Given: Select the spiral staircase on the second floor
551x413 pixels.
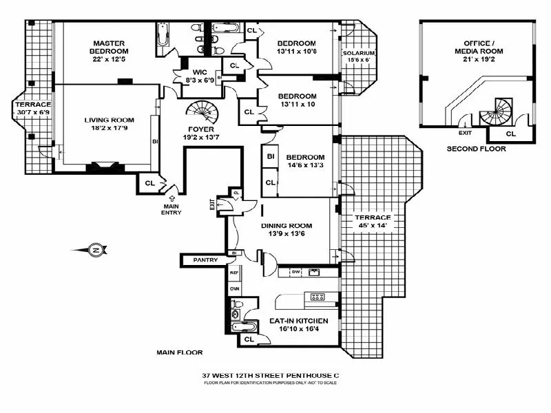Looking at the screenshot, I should pyautogui.click(x=497, y=109).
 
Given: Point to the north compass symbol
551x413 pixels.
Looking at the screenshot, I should pyautogui.click(x=96, y=250).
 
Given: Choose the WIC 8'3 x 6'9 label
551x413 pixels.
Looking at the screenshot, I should pyautogui.click(x=197, y=76).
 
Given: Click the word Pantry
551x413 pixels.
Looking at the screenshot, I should pyautogui.click(x=205, y=260).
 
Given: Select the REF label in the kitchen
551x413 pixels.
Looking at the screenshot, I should pyautogui.click(x=233, y=273).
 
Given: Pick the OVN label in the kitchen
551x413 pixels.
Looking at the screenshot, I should pyautogui.click(x=233, y=288).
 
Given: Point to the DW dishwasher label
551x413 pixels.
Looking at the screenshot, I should pyautogui.click(x=295, y=273).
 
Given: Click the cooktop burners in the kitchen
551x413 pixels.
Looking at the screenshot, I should pyautogui.click(x=318, y=297).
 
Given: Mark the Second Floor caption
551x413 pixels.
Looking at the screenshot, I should pyautogui.click(x=476, y=149).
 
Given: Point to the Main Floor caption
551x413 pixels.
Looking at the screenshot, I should pyautogui.click(x=180, y=352).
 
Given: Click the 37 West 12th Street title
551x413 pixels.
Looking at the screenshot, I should pyautogui.click(x=271, y=375).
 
